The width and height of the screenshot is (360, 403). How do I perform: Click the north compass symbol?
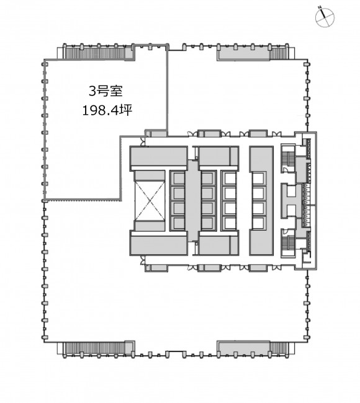325,17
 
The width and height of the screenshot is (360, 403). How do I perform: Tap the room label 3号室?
106,91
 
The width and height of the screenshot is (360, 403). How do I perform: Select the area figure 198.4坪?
107,110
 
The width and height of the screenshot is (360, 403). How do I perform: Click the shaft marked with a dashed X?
150,200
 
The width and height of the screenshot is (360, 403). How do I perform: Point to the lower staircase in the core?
288,243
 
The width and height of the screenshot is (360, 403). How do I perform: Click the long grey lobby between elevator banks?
192,201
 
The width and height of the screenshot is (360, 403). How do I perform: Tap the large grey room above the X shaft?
158,156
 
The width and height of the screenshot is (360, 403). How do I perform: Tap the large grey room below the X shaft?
158,245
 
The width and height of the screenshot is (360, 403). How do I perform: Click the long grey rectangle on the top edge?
243,54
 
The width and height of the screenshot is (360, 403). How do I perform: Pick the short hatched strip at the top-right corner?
278,53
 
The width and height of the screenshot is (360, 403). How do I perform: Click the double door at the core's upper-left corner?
142,142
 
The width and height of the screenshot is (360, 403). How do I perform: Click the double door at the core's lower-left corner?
142,260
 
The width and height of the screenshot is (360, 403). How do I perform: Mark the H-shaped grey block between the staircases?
292,200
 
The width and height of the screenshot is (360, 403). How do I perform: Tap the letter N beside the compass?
319,8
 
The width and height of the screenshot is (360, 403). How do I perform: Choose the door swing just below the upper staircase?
285,169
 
